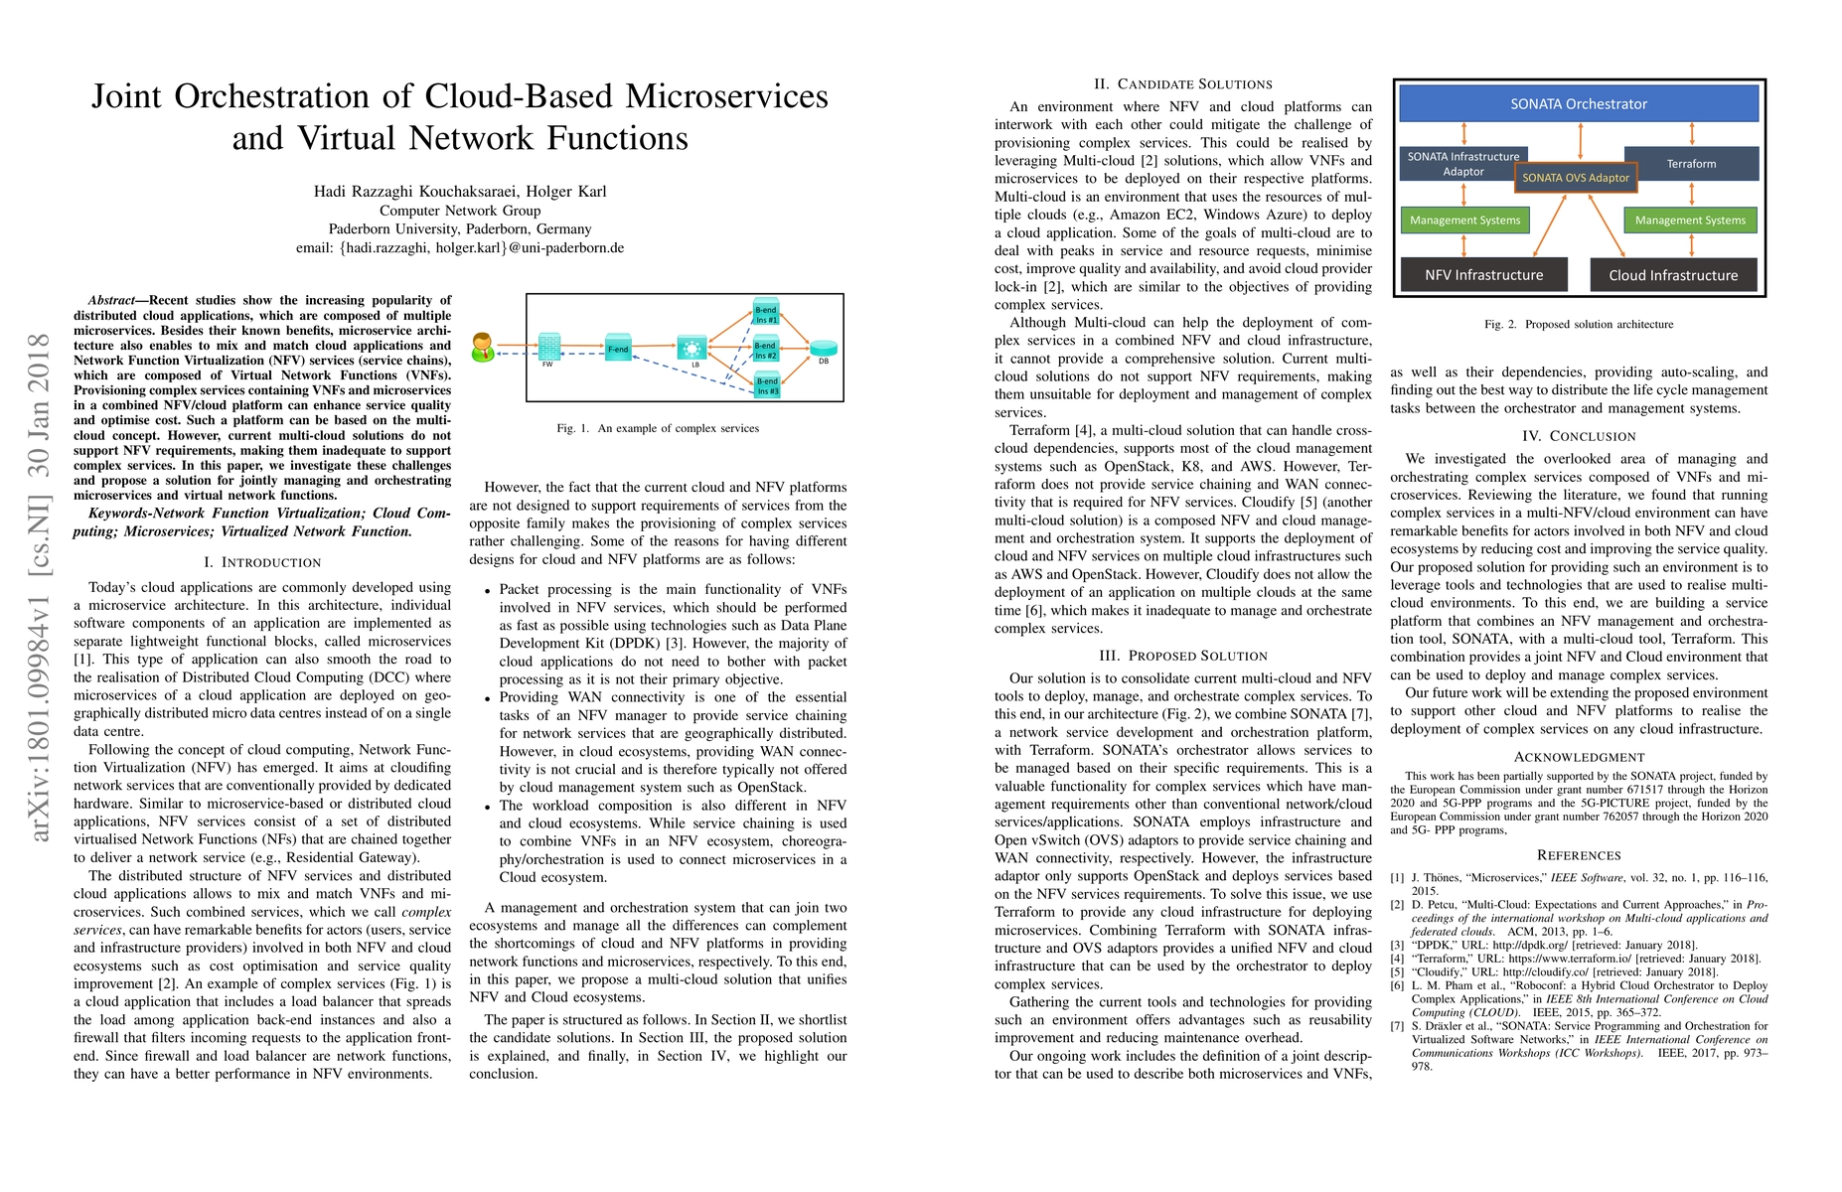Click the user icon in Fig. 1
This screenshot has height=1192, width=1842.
tap(483, 347)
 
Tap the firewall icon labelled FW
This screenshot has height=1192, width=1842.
tap(548, 346)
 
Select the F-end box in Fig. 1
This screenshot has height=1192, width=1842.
tap(618, 348)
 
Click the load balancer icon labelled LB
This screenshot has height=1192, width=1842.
tap(691, 348)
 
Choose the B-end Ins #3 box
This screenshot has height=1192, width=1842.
tap(767, 384)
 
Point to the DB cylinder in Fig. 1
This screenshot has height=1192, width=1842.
tap(823, 349)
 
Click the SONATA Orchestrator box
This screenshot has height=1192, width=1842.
tap(1578, 103)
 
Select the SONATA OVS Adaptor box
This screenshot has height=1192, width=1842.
tap(1575, 178)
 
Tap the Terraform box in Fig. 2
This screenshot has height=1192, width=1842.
tap(1691, 163)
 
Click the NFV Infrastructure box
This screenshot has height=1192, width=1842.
tap(1483, 275)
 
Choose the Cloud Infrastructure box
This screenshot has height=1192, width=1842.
tap(1673, 275)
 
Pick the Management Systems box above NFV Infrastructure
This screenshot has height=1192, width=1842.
tap(1464, 221)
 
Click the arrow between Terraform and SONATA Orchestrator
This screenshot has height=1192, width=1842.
tap(1692, 133)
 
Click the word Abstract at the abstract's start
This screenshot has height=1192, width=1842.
tap(110, 300)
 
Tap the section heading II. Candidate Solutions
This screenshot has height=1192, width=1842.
tap(1182, 84)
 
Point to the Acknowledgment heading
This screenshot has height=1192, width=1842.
tap(1579, 757)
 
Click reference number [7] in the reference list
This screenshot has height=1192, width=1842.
tap(1397, 1026)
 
